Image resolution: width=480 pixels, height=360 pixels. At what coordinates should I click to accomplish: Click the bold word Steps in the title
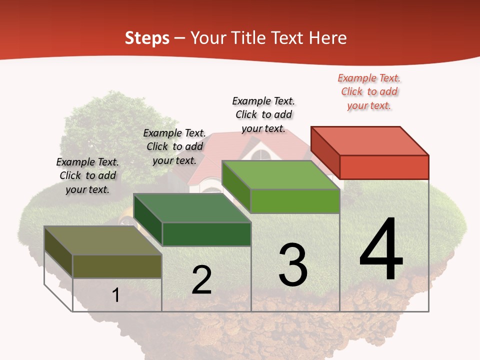tap(147, 38)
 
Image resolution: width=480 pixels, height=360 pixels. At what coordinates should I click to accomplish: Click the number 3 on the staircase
tap(293, 265)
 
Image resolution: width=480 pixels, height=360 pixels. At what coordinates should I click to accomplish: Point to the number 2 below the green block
tap(201, 280)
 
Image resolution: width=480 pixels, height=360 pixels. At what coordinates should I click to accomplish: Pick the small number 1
tap(116, 295)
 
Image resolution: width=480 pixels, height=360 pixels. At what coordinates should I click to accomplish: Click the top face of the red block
tap(370, 140)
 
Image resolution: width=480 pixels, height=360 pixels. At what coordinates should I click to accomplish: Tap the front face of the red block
tap(384, 167)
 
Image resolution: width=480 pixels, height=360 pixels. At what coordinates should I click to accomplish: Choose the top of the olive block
tap(103, 240)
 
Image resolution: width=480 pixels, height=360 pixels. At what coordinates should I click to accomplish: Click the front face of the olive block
tap(117, 266)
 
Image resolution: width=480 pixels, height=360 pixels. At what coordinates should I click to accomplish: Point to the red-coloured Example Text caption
tap(369, 91)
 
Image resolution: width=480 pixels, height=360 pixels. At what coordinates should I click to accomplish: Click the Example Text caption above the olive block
tap(87, 175)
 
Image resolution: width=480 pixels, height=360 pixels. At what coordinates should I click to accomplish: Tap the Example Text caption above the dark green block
tap(174, 146)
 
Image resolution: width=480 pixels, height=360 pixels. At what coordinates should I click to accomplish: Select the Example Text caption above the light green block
tap(263, 114)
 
